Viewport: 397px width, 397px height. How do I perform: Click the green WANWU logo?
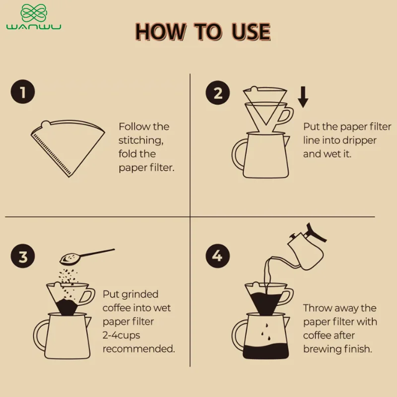[x=34, y=17]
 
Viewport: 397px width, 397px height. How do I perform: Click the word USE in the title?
[x=251, y=32]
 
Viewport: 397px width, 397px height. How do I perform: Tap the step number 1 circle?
[x=23, y=92]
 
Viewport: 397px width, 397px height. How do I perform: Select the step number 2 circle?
[x=218, y=93]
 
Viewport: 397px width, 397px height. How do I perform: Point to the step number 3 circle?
[x=23, y=256]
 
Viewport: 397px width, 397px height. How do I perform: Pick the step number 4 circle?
[x=218, y=256]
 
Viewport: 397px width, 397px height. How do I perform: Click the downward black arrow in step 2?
[x=303, y=97]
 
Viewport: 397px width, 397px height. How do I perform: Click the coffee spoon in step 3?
[x=87, y=257]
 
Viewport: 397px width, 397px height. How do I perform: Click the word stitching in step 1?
[x=141, y=140]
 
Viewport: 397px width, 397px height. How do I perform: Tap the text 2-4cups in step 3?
[x=121, y=335]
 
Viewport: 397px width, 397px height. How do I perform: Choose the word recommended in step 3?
[x=139, y=349]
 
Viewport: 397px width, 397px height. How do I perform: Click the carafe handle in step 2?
[x=239, y=154]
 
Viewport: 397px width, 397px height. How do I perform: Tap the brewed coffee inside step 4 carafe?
[x=265, y=351]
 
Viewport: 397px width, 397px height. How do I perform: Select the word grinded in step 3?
[x=144, y=295]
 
